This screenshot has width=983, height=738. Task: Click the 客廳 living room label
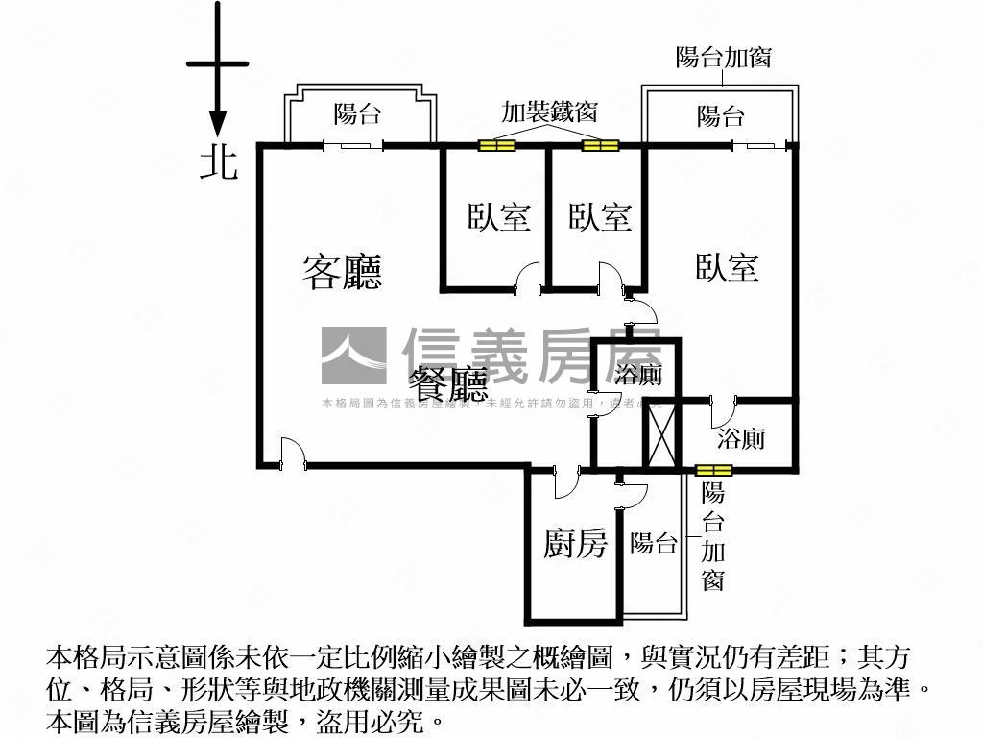[x=343, y=272]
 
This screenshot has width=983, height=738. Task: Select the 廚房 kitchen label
[x=575, y=544]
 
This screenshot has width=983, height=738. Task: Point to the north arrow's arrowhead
[x=218, y=123]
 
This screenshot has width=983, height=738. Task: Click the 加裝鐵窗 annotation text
[x=549, y=111]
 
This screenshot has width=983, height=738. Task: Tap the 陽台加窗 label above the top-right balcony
[x=723, y=57]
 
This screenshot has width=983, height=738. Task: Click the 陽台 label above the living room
[x=357, y=114]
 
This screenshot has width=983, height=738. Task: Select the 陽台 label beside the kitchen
[x=654, y=543]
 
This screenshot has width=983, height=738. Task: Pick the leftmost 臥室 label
[x=499, y=217]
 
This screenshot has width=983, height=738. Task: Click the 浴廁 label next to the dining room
[x=637, y=376]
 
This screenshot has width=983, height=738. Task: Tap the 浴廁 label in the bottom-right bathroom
[x=742, y=440]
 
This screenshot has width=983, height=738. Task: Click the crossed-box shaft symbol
[x=660, y=433]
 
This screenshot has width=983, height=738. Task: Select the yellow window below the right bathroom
[x=714, y=470]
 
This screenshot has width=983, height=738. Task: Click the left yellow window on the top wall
[x=497, y=146]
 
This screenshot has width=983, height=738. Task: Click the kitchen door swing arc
[x=565, y=482]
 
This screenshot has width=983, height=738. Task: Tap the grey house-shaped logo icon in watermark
[x=353, y=356]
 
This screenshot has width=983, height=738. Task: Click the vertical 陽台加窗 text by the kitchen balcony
[x=712, y=536]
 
